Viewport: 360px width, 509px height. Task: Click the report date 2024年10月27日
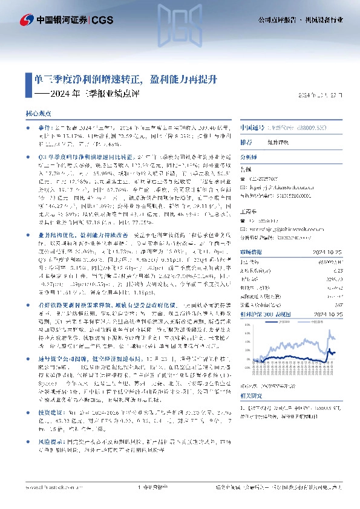pos(324,96)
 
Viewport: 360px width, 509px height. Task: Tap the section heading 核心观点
pos(38,113)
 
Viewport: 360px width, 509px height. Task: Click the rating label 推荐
pos(246,143)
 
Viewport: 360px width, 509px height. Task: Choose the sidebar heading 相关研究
pos(249,395)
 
